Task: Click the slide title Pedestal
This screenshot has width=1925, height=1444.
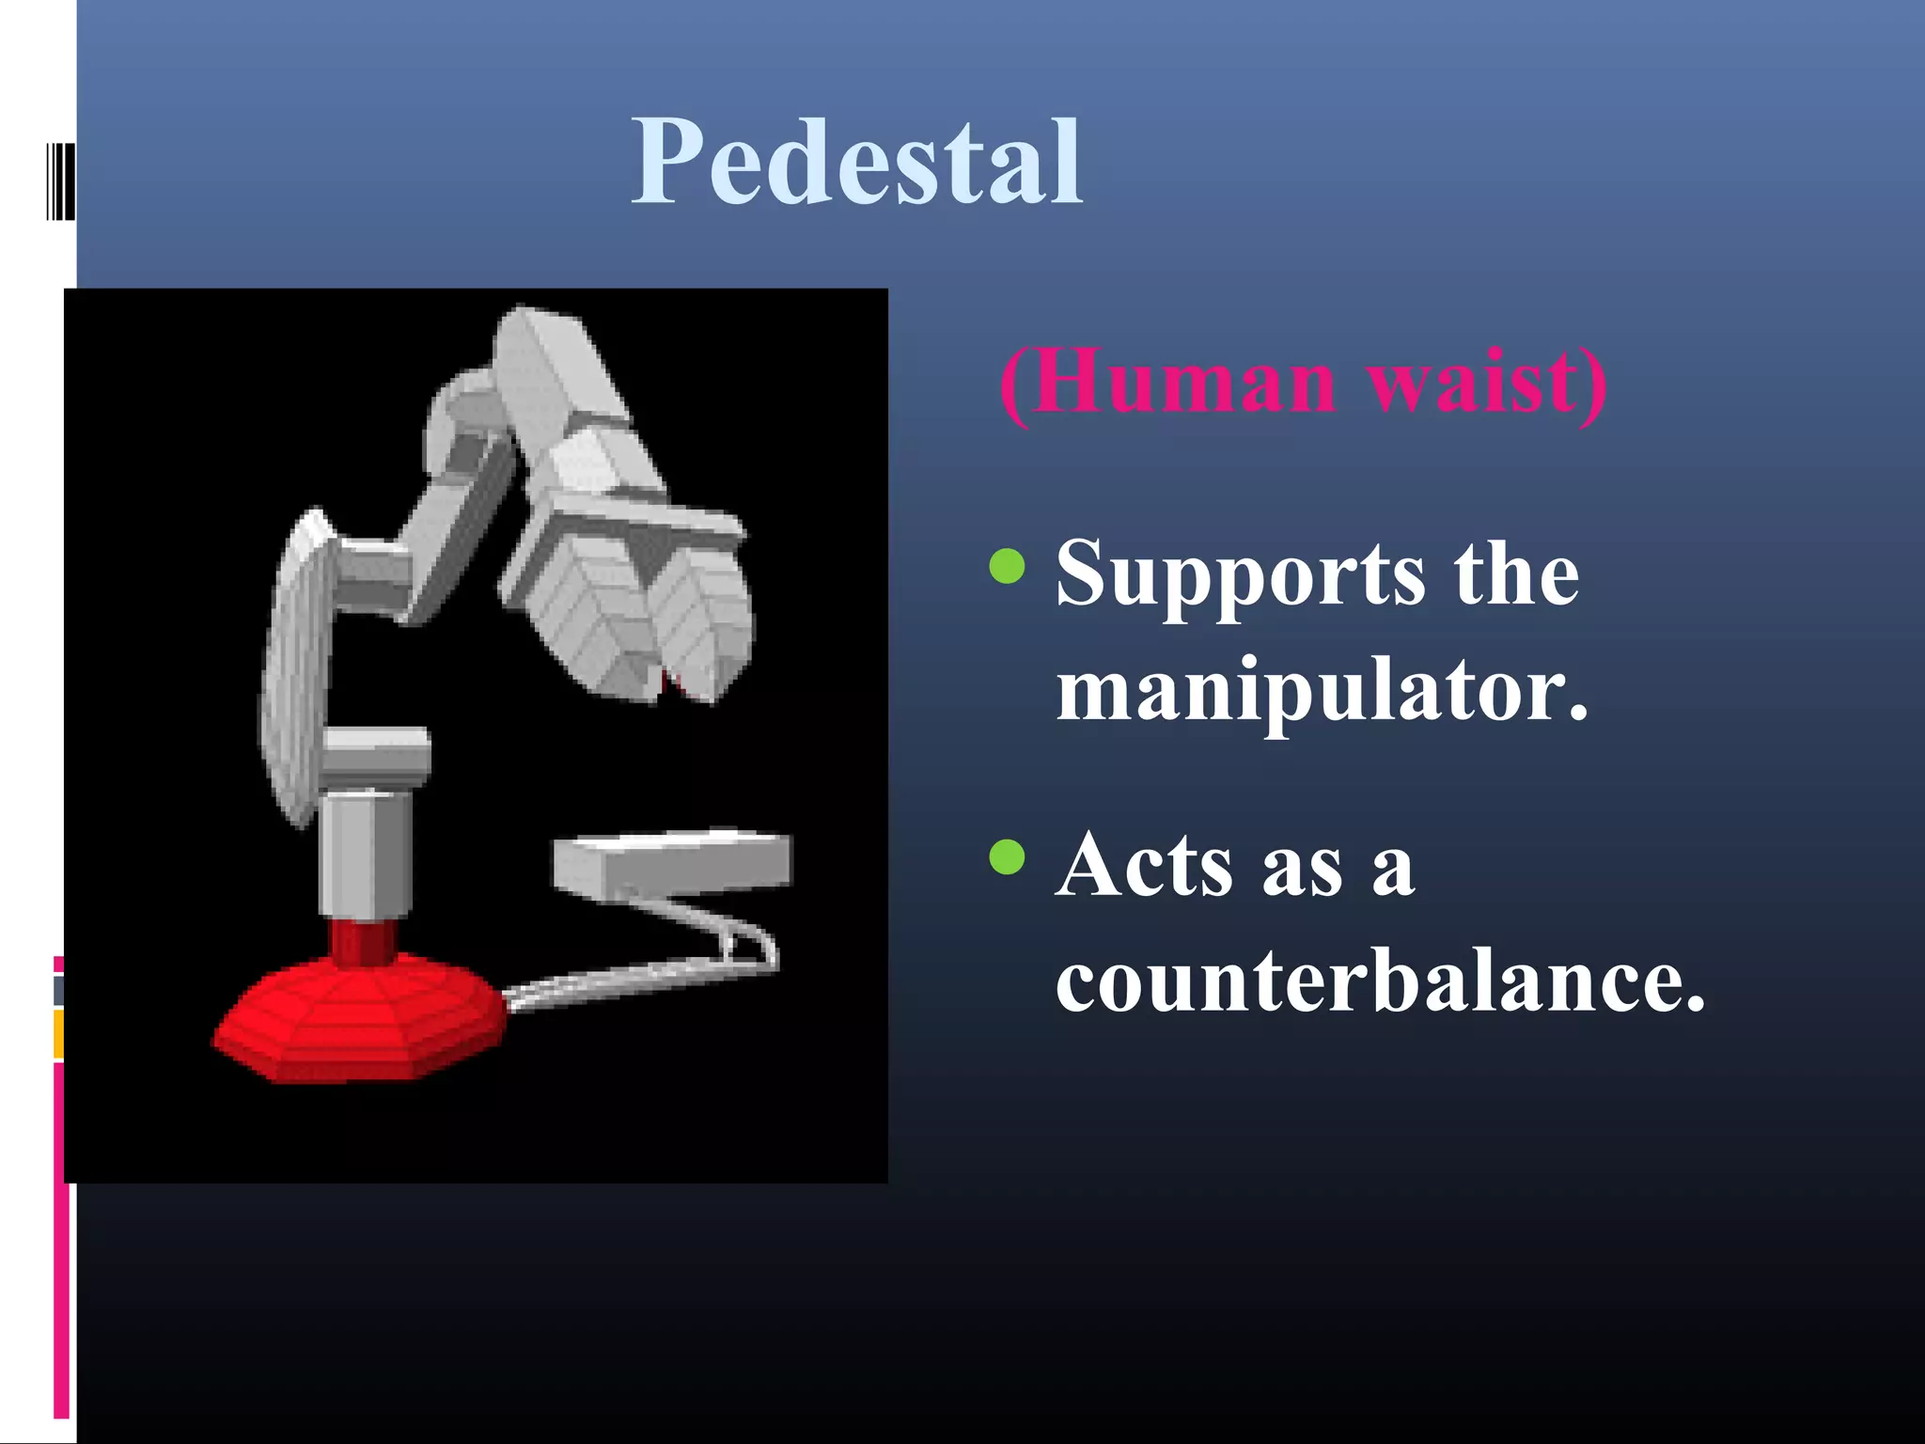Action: (x=857, y=162)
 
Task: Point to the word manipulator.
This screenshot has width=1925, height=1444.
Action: (x=1322, y=692)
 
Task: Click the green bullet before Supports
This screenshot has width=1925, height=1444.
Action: (x=1007, y=566)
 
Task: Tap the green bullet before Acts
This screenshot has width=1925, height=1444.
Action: (x=1007, y=856)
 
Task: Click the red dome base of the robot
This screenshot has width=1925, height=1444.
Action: (x=357, y=1020)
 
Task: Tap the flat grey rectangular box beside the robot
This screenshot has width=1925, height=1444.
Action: (x=673, y=860)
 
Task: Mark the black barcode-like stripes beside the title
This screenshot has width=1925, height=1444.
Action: (x=60, y=180)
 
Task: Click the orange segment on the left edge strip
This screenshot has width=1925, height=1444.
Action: (x=58, y=1034)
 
